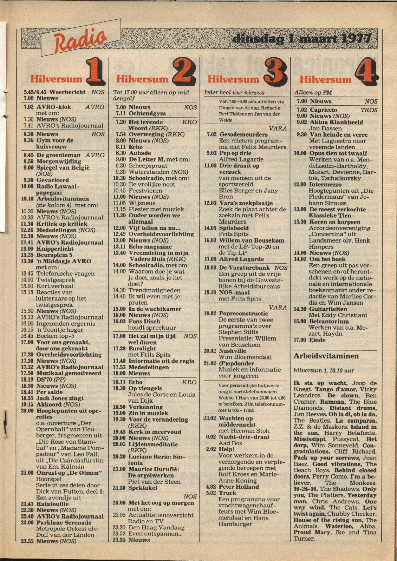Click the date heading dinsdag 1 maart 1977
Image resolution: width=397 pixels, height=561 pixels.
pos(301,39)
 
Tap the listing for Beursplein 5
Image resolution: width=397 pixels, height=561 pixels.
pos(54,255)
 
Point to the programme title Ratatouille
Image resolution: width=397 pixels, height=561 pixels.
pos(52,504)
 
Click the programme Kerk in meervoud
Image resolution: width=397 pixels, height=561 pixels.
pos(155,432)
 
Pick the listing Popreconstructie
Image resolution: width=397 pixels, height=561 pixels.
pos(243,313)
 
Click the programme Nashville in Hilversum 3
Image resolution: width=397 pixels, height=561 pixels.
pos(232,351)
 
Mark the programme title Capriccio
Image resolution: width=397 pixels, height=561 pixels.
pos(323,110)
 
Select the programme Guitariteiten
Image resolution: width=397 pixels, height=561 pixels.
pos(328,309)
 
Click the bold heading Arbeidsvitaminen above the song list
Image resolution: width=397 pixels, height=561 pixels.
pos(326,356)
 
